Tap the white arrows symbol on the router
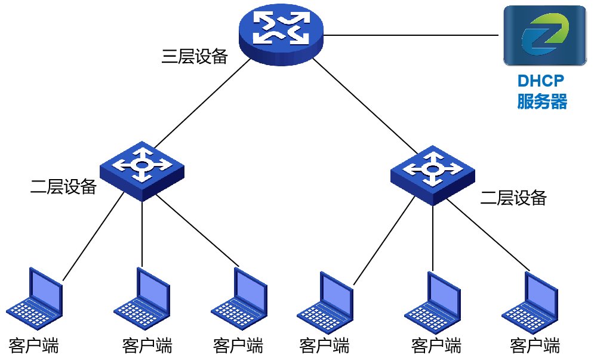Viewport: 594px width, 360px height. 281,27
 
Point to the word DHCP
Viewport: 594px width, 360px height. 541,81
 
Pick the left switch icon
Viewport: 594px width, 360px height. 142,171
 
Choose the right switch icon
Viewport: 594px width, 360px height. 433,176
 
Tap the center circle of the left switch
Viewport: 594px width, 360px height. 141,165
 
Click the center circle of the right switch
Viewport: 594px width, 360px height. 432,170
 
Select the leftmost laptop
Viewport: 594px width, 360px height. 36,298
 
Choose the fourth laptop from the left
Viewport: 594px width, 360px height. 326,303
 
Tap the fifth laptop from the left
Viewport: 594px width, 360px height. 433,303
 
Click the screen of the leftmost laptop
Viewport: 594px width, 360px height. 45,290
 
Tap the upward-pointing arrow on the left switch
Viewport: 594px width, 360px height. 142,152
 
